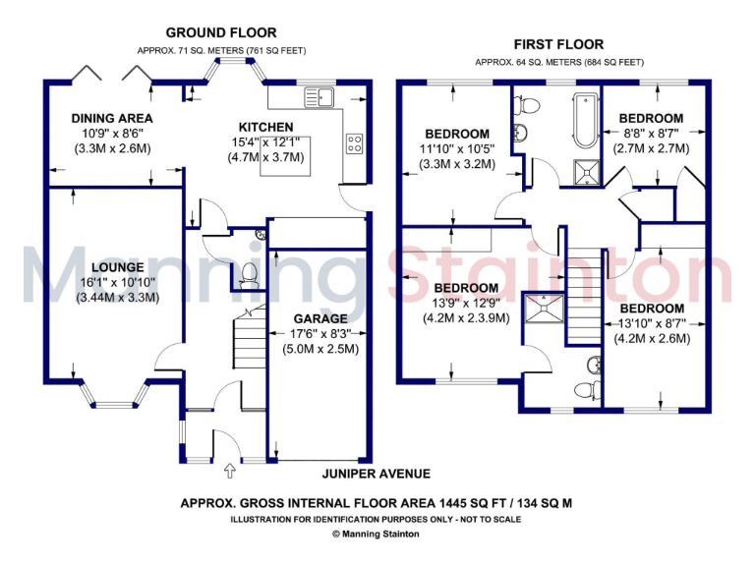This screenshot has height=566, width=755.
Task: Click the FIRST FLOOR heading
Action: (558, 44)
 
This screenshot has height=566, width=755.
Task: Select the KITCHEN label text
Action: (265, 127)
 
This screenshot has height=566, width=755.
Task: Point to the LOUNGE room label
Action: (117, 267)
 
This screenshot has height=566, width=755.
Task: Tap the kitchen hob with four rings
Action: (355, 143)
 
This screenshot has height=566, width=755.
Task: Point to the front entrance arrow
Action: (231, 470)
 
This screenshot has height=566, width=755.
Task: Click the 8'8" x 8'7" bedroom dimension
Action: (651, 134)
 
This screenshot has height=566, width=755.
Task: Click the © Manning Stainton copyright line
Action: (377, 534)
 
